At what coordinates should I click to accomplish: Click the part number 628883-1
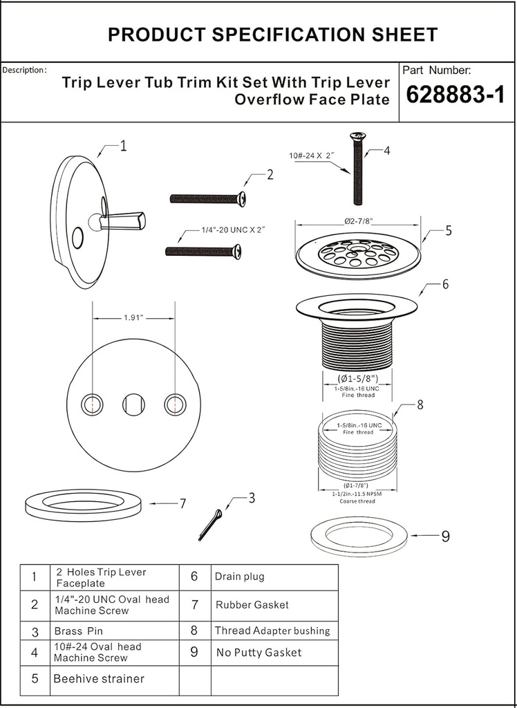point(455,95)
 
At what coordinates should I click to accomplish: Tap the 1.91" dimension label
point(133,318)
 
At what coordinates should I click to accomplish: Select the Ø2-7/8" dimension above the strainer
point(359,221)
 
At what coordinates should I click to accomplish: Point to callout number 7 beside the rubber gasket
point(182,504)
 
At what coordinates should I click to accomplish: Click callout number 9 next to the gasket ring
point(445,536)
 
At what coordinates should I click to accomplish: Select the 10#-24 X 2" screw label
point(312,157)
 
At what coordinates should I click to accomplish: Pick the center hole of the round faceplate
point(133,404)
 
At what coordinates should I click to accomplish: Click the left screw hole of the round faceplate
point(92,404)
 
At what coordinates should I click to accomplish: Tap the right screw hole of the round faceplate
point(175,404)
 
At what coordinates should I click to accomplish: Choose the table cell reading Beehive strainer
point(99,678)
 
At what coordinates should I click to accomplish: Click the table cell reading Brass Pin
point(78,631)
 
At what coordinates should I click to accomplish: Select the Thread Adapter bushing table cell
point(272,631)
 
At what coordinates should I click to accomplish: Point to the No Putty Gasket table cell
point(258,653)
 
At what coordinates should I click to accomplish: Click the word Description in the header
point(24,70)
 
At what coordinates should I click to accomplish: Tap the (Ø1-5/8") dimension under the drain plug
point(357,379)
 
